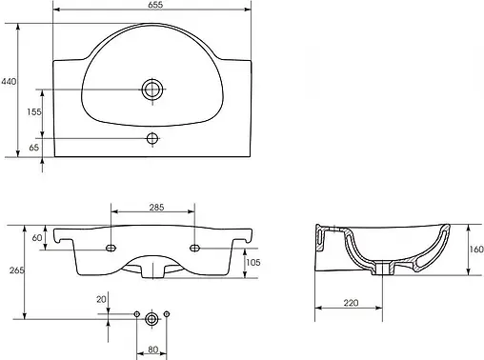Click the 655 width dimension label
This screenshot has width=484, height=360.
(155, 5)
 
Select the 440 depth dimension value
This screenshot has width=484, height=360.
(9, 82)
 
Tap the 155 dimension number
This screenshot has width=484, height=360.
(34, 111)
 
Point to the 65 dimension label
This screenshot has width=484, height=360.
(34, 148)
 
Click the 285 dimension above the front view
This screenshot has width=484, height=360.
(156, 208)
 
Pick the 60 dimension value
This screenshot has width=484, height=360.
(37, 237)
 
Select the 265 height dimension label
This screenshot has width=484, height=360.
(16, 270)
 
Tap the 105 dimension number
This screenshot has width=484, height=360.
(253, 262)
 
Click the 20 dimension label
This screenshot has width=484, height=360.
(101, 299)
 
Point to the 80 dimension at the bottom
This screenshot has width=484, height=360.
(153, 350)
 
